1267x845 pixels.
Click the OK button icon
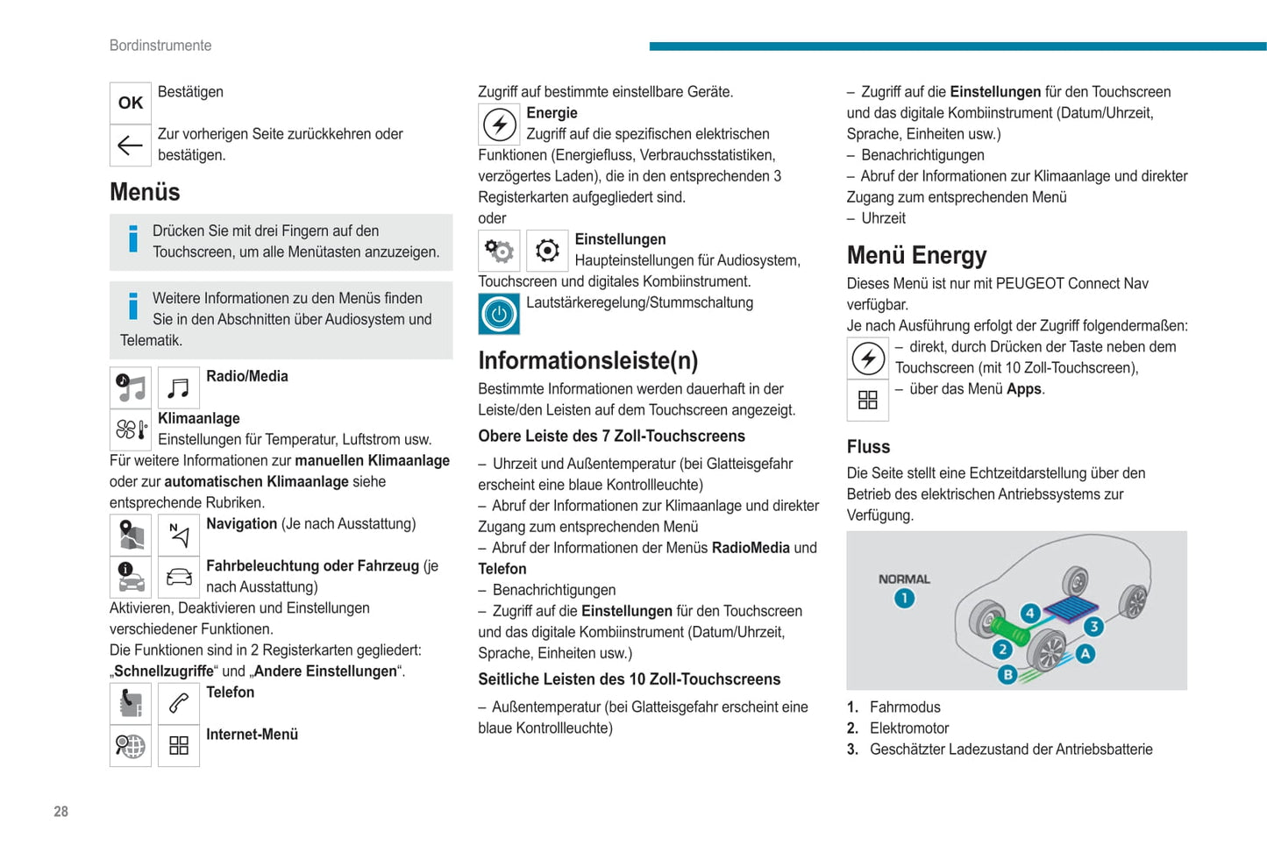pyautogui.click(x=131, y=103)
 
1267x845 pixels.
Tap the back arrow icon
pyautogui.click(x=131, y=146)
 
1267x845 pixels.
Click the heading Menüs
pyautogui.click(x=145, y=192)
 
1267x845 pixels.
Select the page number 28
pyautogui.click(x=61, y=812)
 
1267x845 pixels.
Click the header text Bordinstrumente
pyautogui.click(x=160, y=46)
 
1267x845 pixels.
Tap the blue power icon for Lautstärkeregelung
pyautogui.click(x=499, y=314)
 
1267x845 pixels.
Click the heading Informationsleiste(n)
pyautogui.click(x=587, y=360)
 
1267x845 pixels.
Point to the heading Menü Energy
pyautogui.click(x=916, y=255)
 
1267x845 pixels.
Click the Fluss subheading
pyautogui.click(x=868, y=447)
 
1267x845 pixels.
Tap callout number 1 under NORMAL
pyautogui.click(x=904, y=599)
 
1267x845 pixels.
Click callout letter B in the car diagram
pyautogui.click(x=1007, y=674)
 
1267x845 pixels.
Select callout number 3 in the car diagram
pyautogui.click(x=1093, y=626)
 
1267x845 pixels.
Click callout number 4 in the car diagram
pyautogui.click(x=1030, y=614)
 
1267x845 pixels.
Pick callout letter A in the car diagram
pyautogui.click(x=1085, y=653)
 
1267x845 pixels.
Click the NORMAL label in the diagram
pyautogui.click(x=904, y=579)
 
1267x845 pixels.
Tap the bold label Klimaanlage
pyautogui.click(x=199, y=419)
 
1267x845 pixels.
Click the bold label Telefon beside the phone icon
pyautogui.click(x=230, y=692)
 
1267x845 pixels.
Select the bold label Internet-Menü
pyautogui.click(x=252, y=735)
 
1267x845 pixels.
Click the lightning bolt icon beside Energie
pyautogui.click(x=499, y=124)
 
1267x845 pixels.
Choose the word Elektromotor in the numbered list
pyautogui.click(x=909, y=728)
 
